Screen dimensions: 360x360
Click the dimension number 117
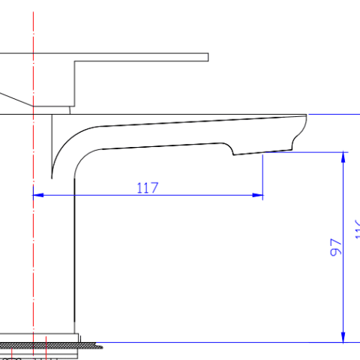tap(148, 187)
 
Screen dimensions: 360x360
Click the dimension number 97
tap(337, 247)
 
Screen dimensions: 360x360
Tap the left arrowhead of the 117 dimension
tap(38, 195)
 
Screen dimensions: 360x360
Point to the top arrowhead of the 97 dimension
tap(344, 157)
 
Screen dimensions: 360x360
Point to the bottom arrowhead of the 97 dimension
tap(344, 337)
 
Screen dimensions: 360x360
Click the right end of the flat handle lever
tap(205, 57)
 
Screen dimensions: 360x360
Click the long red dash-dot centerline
tap(33, 225)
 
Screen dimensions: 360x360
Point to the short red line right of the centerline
tap(46, 349)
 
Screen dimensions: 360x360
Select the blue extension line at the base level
tap(225, 342)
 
